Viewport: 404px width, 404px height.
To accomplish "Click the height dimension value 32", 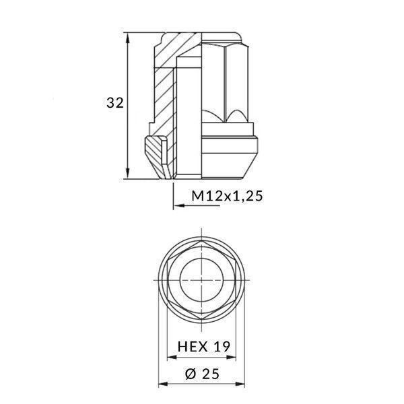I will (114, 103).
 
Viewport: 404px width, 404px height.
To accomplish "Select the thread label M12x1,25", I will (226, 196).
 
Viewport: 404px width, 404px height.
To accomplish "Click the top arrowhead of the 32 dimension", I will (128, 35).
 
